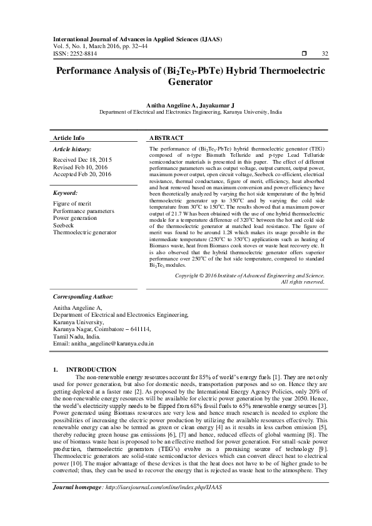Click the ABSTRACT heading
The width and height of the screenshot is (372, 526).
(167, 137)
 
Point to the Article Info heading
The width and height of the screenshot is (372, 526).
(69, 137)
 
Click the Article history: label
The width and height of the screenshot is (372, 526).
(72, 150)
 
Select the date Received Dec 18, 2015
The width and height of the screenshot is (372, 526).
(82, 161)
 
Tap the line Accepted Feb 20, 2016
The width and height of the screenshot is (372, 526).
(82, 174)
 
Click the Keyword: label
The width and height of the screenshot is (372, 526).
(65, 194)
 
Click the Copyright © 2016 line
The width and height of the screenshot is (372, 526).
(249, 275)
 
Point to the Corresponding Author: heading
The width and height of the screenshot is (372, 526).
(83, 297)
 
